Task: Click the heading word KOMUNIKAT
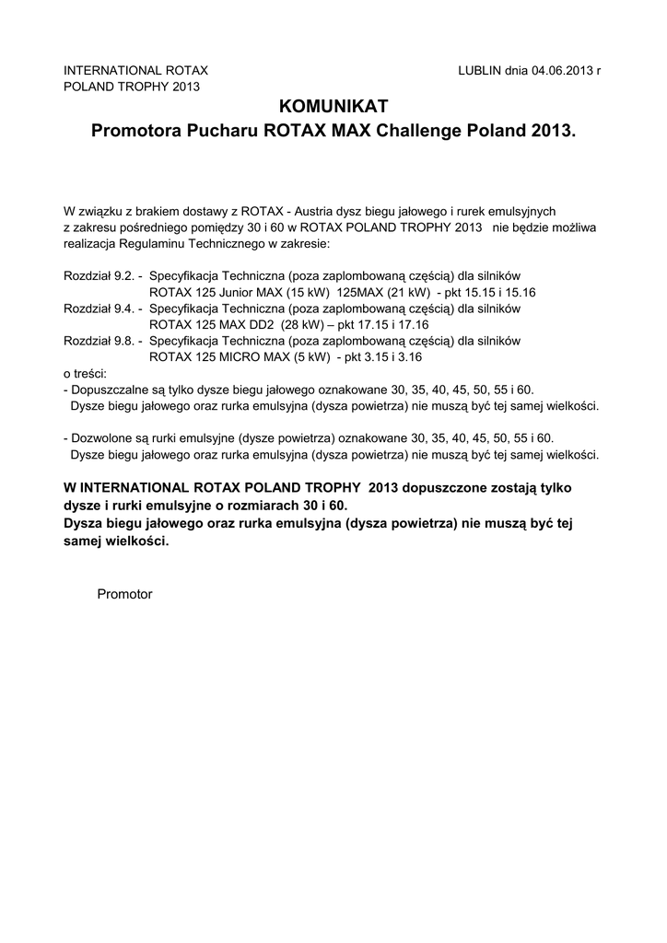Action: (333, 107)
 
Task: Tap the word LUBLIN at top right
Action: (479, 71)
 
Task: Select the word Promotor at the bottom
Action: (124, 594)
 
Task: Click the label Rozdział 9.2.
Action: (99, 275)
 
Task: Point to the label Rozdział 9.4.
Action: (99, 308)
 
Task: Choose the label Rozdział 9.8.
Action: (99, 340)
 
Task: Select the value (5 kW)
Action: (309, 356)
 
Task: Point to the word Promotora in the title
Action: (136, 133)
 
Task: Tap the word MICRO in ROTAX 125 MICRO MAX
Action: (224, 356)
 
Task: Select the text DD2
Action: (270, 324)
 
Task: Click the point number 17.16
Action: (413, 324)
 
